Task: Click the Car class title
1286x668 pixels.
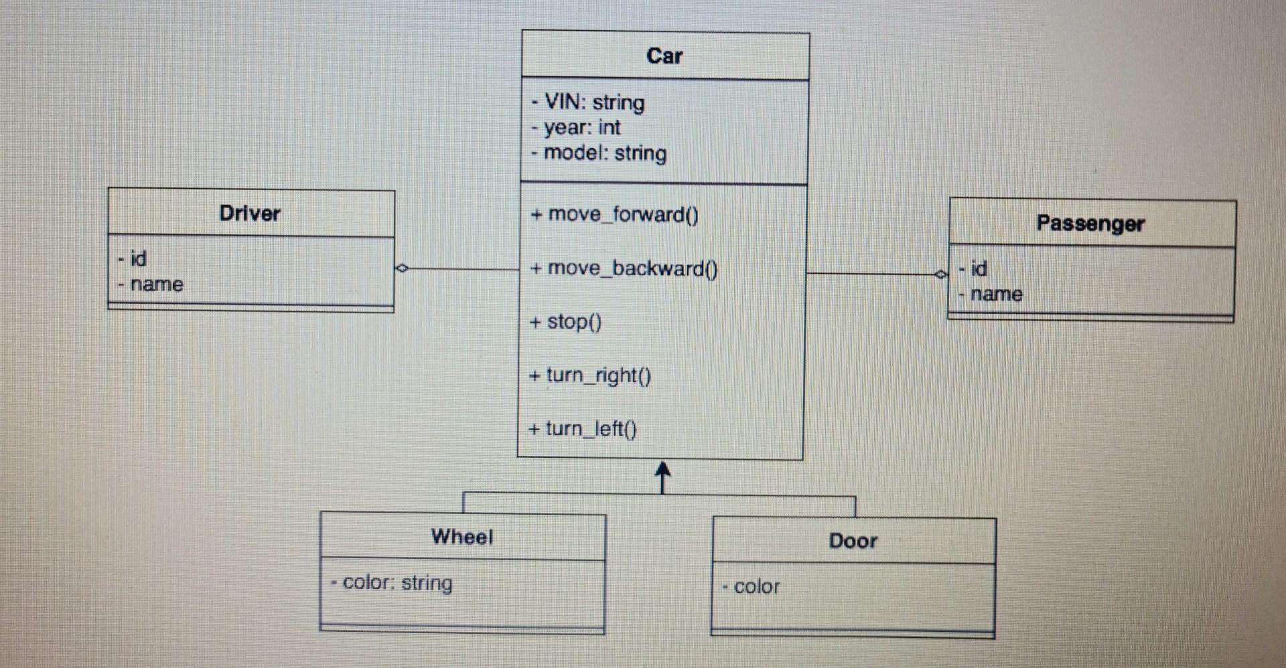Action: point(664,56)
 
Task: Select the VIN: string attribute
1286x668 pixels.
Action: point(589,102)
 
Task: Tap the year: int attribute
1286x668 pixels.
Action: point(577,127)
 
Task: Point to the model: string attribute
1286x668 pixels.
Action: point(599,153)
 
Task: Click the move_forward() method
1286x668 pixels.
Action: point(614,214)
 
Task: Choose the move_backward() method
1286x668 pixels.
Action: point(624,268)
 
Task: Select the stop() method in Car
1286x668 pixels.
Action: point(566,322)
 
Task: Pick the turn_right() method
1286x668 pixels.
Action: point(590,375)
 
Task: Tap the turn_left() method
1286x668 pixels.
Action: point(583,428)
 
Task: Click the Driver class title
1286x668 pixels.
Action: point(250,214)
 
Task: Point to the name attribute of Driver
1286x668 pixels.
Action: point(151,284)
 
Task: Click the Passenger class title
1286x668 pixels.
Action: point(1090,224)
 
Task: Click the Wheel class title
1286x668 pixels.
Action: point(462,537)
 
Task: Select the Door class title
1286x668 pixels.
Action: point(853,541)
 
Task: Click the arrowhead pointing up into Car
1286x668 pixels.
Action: point(662,469)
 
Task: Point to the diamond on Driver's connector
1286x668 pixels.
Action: point(402,268)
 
